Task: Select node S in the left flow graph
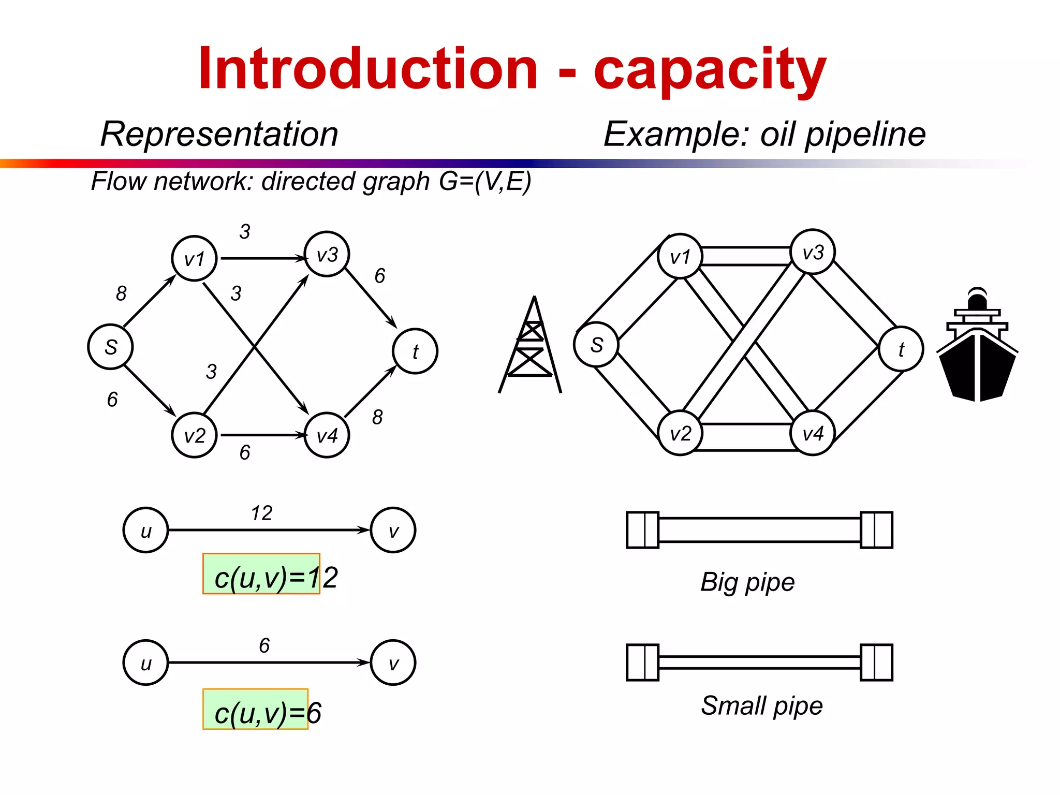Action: [110, 347]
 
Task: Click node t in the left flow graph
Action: [415, 351]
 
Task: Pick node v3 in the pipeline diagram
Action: [813, 252]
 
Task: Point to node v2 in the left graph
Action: [194, 435]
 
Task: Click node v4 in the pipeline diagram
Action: [813, 433]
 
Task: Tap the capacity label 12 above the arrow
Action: [261, 513]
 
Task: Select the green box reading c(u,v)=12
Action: [261, 574]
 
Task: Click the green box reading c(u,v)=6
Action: [256, 709]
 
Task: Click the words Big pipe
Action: [747, 582]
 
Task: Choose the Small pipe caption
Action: [762, 706]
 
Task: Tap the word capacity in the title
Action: [710, 70]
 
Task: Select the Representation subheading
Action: [219, 134]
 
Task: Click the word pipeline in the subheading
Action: [865, 135]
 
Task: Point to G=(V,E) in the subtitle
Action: [485, 181]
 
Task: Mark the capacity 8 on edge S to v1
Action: [121, 293]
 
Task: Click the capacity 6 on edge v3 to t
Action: [380, 276]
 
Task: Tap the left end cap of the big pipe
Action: [642, 530]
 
